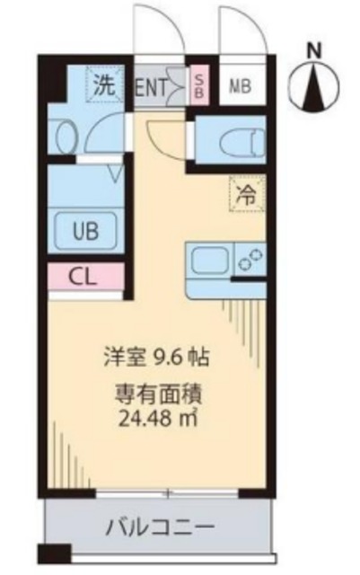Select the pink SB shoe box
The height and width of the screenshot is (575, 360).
click(x=199, y=86)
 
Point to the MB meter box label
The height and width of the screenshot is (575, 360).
click(x=240, y=87)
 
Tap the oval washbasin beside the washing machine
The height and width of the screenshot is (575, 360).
click(x=65, y=137)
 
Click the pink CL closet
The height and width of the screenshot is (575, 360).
click(x=84, y=278)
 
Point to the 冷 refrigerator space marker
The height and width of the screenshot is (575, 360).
click(x=244, y=192)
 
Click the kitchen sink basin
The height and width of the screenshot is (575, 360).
click(x=207, y=261)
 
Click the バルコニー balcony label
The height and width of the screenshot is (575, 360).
click(x=158, y=526)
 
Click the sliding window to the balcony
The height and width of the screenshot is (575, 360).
click(x=167, y=493)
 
